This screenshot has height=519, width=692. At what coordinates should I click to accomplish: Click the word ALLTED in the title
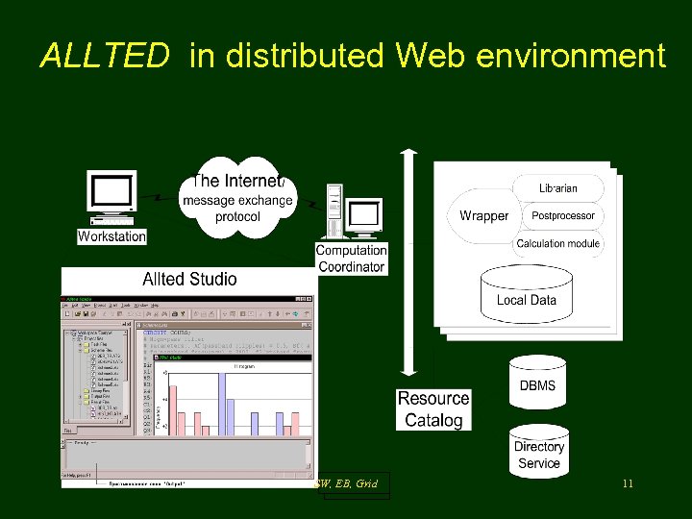(104, 57)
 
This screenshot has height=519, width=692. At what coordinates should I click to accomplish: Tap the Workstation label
(112, 236)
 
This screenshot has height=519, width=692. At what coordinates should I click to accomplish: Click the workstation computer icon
(111, 197)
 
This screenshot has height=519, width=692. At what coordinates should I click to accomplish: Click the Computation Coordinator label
(351, 259)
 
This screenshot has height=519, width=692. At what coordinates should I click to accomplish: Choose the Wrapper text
(483, 216)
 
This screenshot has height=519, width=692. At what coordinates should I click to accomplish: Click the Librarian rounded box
(558, 188)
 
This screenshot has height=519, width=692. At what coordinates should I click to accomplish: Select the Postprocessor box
(563, 216)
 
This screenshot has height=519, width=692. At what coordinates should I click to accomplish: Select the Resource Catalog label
(433, 409)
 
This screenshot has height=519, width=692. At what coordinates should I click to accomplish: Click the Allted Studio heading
(189, 280)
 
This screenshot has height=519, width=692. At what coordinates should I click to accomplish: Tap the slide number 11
(627, 483)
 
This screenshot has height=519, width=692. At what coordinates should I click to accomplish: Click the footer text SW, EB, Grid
(347, 483)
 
